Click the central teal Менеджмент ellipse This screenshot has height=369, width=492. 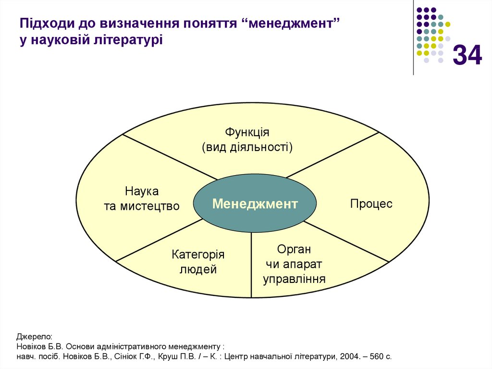coord(255,204)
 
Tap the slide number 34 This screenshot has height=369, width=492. coord(467,55)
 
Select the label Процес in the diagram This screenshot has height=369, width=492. coord(371,204)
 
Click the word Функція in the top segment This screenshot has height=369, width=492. coord(247,132)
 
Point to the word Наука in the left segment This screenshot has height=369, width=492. coord(142,191)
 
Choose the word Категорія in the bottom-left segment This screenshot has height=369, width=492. coord(198,254)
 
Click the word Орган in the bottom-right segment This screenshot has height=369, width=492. coord(294,250)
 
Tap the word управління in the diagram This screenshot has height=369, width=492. coord(294,279)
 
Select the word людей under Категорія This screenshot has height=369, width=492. coord(198,269)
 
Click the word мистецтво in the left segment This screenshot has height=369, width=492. coord(150,206)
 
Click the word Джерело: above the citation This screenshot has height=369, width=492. coord(34,337)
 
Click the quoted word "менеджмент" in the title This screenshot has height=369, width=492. coord(291,24)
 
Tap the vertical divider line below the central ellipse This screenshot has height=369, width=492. coord(251,265)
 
